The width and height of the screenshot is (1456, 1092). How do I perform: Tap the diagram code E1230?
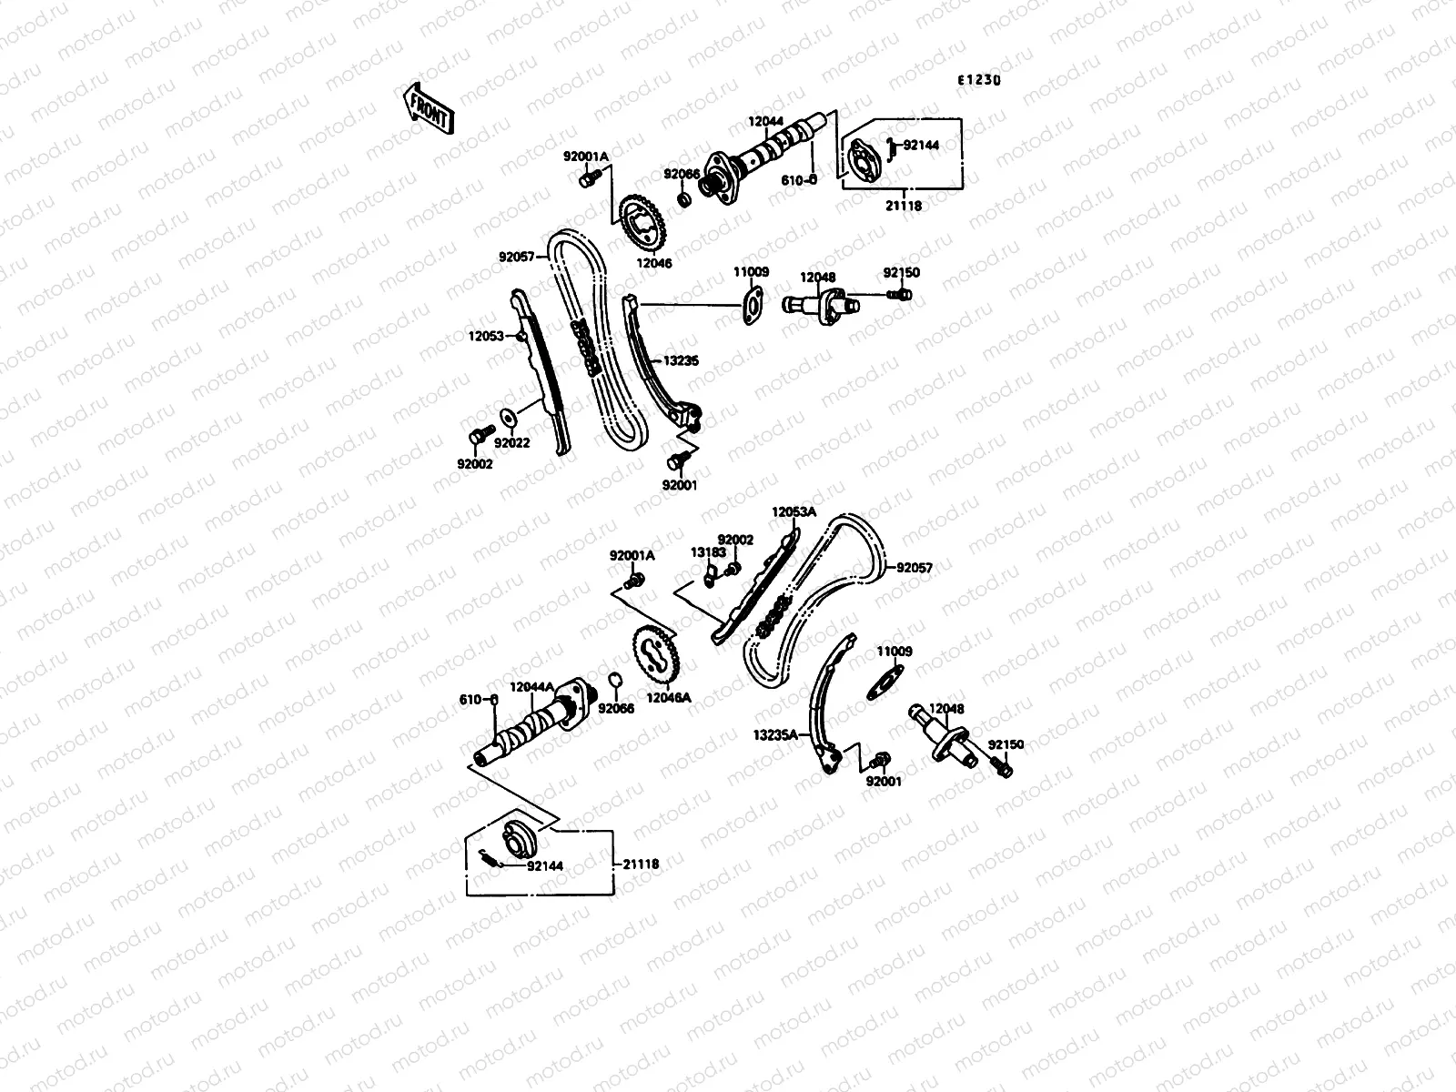pos(978,80)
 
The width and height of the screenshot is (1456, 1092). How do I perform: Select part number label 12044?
pos(766,121)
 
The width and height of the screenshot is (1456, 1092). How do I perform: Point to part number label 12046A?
pos(669,698)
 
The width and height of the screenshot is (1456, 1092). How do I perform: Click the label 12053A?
pos(794,512)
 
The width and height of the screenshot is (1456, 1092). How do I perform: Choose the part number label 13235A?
pos(775,733)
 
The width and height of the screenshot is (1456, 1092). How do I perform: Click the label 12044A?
pos(531,688)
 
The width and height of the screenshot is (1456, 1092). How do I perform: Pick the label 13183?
pos(707,551)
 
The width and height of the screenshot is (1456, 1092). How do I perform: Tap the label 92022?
pos(511,444)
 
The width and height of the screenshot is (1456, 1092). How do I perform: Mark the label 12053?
pos(486,336)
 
